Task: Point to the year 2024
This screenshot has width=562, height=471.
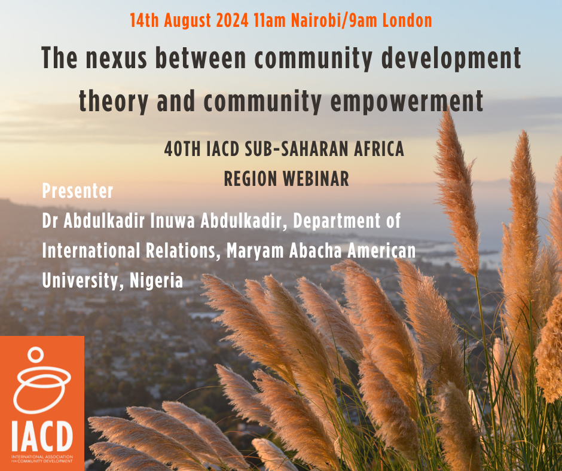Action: click(227, 21)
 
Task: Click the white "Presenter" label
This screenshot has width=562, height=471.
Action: click(77, 192)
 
